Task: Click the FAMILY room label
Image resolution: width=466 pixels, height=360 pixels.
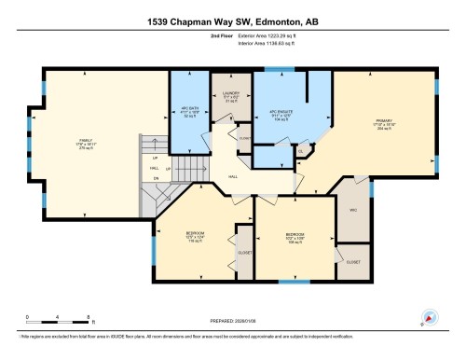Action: (x=85, y=143)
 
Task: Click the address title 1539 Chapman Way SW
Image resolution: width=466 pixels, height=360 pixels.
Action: (x=233, y=21)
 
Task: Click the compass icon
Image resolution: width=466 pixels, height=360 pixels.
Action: (x=429, y=317)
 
